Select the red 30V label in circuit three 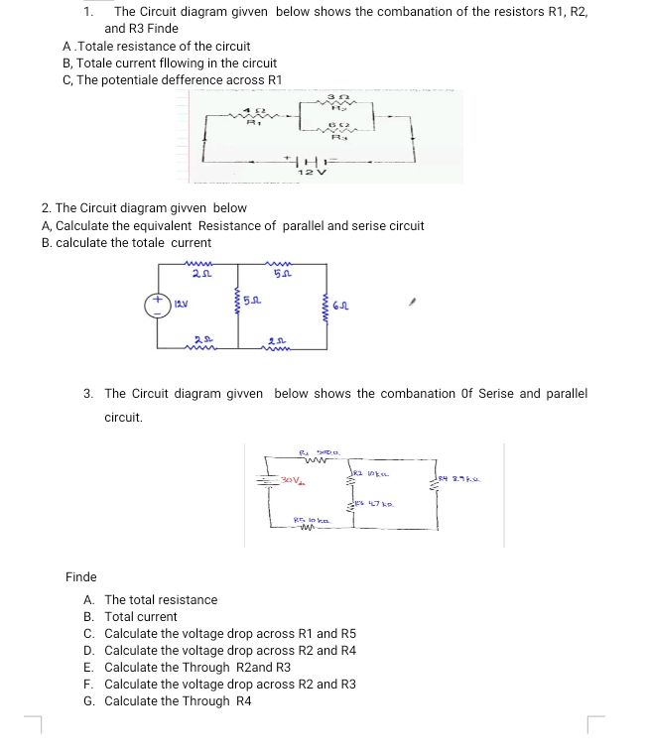(x=291, y=479)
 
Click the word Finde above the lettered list (x=81, y=576)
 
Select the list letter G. (x=89, y=701)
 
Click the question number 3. (x=89, y=394)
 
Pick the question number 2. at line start (x=47, y=208)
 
